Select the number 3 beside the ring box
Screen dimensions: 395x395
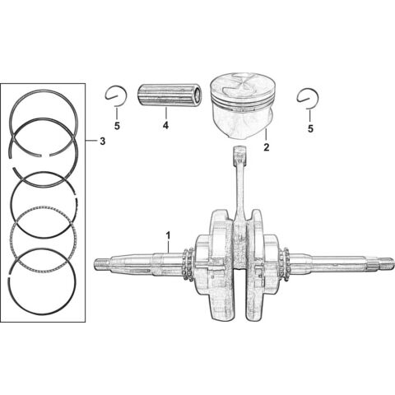pyautogui.click(x=101, y=142)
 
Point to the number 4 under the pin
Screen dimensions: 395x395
pyautogui.click(x=165, y=126)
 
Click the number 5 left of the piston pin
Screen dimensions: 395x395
pyautogui.click(x=116, y=128)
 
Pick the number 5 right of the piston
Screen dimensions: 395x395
pyautogui.click(x=311, y=128)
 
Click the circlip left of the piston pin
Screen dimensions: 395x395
pyautogui.click(x=116, y=96)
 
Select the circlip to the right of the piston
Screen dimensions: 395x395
pyautogui.click(x=309, y=97)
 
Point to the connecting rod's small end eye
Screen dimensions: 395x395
pyautogui.click(x=240, y=152)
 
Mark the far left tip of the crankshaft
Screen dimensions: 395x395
pyautogui.click(x=99, y=265)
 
